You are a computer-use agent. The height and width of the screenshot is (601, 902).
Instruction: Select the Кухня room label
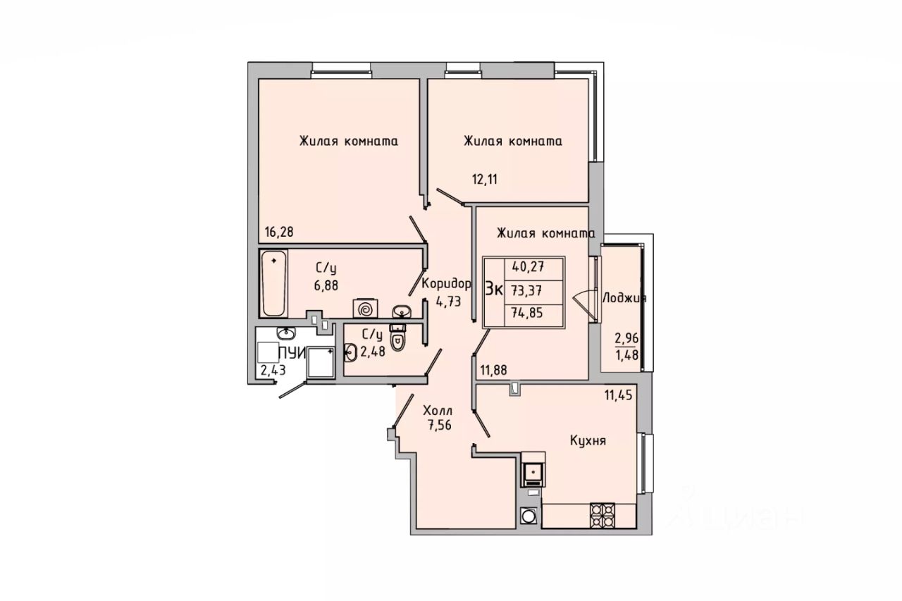pyautogui.click(x=588, y=441)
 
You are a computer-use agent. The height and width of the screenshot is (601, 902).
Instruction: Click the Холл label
pyautogui.click(x=438, y=410)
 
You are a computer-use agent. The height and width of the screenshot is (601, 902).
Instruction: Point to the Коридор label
pyautogui.click(x=445, y=284)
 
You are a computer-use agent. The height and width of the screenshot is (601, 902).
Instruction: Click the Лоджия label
pyautogui.click(x=624, y=298)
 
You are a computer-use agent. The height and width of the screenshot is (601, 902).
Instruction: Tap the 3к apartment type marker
pyautogui.click(x=494, y=290)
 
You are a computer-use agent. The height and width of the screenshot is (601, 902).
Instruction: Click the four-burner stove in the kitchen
pyautogui.click(x=603, y=515)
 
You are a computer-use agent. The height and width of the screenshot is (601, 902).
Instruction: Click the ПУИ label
pyautogui.click(x=291, y=354)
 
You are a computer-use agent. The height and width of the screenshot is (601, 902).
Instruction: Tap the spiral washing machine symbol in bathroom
pyautogui.click(x=366, y=309)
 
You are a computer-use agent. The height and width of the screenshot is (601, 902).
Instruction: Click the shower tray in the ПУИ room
pyautogui.click(x=321, y=361)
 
